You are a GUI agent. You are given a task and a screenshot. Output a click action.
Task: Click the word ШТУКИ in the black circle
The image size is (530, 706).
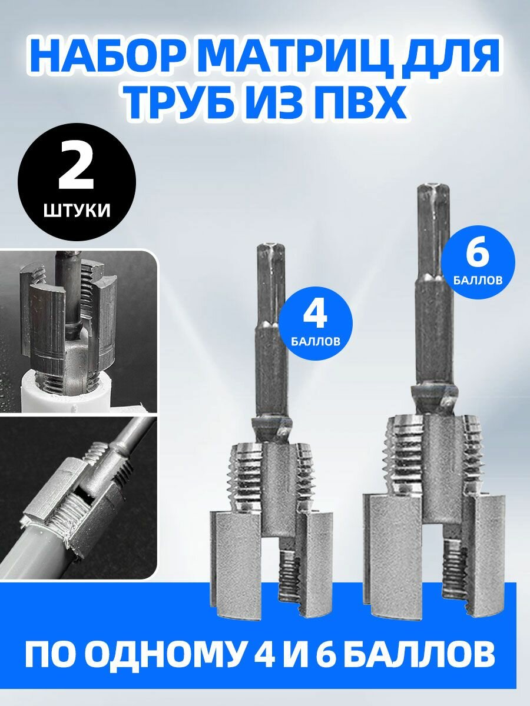click(x=76, y=211)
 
